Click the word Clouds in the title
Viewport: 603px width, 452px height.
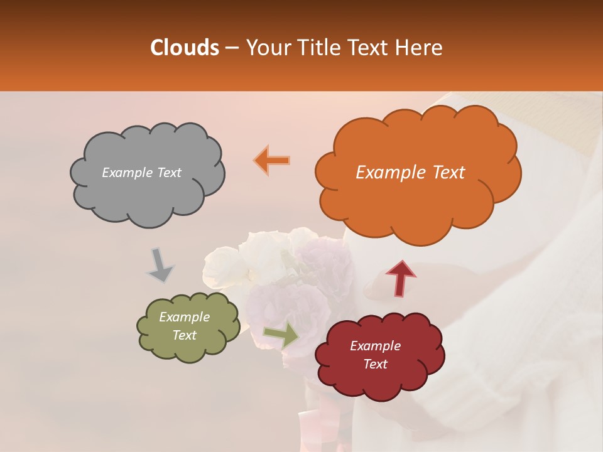click(x=184, y=48)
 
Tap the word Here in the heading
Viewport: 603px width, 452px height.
click(x=419, y=48)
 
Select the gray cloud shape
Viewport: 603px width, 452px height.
click(x=148, y=188)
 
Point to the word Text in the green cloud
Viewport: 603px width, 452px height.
click(x=185, y=335)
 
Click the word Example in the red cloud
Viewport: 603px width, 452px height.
click(x=375, y=346)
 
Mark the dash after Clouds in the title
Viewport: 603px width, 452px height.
click(x=231, y=48)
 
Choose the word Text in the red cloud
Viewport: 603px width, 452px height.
click(x=375, y=364)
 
